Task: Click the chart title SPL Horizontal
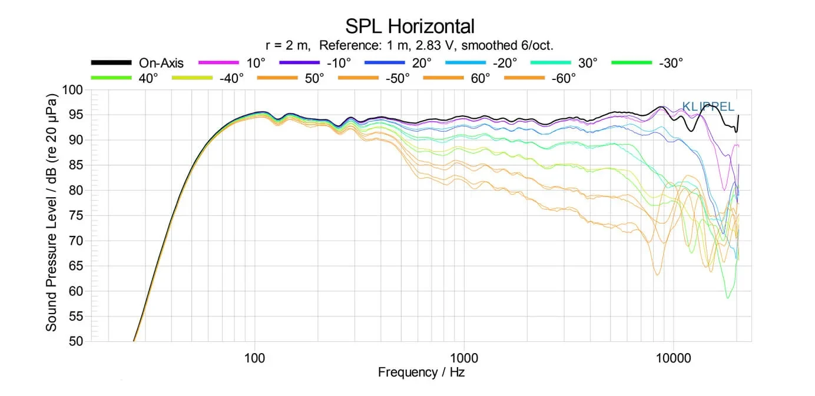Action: click(409, 26)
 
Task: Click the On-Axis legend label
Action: click(161, 63)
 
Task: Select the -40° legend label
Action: click(231, 79)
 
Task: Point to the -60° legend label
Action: click(563, 79)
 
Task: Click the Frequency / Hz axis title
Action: click(421, 372)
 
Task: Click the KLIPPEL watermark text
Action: click(708, 107)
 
